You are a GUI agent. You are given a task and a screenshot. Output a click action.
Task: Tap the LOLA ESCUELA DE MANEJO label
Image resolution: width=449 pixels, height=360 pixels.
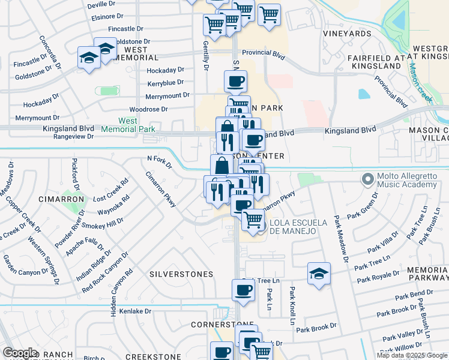(298, 227)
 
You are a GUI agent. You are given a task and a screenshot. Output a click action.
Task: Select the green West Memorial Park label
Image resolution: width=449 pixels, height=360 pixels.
(128, 125)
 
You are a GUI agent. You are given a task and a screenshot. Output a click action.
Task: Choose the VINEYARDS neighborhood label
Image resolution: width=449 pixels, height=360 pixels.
(348, 34)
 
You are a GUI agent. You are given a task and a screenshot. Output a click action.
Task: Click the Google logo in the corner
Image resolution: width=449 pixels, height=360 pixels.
(20, 353)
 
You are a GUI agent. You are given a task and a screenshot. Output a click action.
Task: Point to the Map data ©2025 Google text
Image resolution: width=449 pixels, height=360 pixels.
(412, 355)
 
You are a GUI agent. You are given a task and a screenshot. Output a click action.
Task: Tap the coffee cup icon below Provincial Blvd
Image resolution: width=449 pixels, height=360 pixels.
(235, 80)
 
